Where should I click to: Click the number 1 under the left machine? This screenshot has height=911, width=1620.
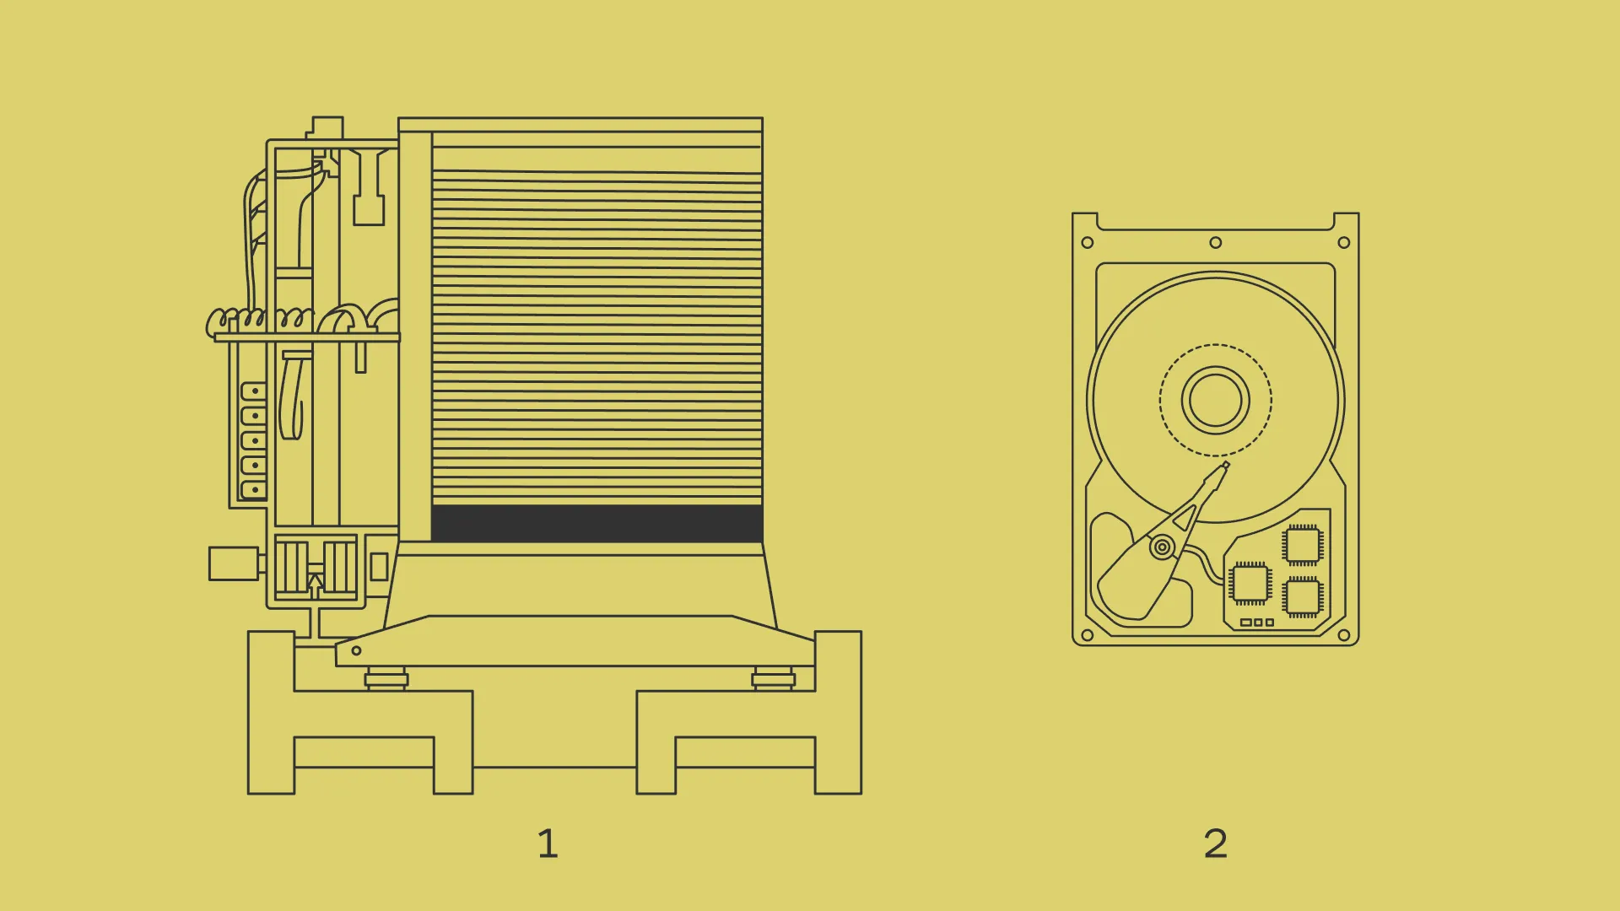pyautogui.click(x=548, y=843)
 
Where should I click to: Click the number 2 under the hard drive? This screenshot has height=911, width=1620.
pyautogui.click(x=1215, y=843)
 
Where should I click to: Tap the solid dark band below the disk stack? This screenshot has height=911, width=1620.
pyautogui.click(x=597, y=523)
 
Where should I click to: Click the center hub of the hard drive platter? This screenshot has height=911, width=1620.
pyautogui.click(x=1215, y=400)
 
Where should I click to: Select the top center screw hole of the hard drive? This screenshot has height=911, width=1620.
pyautogui.click(x=1215, y=243)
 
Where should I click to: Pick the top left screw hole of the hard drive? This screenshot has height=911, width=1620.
pyautogui.click(x=1087, y=243)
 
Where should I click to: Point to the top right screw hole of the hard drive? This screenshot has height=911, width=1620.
pyautogui.click(x=1344, y=243)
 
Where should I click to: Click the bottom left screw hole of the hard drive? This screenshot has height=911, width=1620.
pyautogui.click(x=1087, y=634)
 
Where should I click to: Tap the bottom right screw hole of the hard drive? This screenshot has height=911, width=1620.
pyautogui.click(x=1344, y=634)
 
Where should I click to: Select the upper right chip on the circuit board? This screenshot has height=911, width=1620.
pyautogui.click(x=1302, y=545)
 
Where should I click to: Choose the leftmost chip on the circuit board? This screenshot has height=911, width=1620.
pyautogui.click(x=1250, y=583)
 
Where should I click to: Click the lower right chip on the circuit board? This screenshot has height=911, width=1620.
pyautogui.click(x=1302, y=597)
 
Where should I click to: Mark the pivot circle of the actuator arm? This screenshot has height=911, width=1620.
pyautogui.click(x=1162, y=547)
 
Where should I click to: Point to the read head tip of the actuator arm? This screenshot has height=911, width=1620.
pyautogui.click(x=1225, y=465)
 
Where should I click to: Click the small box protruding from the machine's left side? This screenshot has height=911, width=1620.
pyautogui.click(x=234, y=563)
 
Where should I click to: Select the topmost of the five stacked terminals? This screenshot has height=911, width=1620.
pyautogui.click(x=253, y=391)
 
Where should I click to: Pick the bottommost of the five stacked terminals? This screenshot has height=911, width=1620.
pyautogui.click(x=253, y=489)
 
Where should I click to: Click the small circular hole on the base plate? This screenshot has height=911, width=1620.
pyautogui.click(x=356, y=650)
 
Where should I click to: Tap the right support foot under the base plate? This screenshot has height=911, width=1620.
pyautogui.click(x=774, y=678)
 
